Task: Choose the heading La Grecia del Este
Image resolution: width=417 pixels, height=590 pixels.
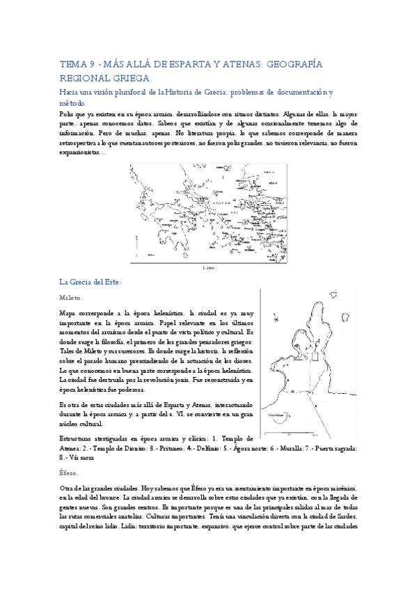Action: tap(91, 282)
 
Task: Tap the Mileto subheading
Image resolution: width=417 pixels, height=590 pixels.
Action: tap(71, 297)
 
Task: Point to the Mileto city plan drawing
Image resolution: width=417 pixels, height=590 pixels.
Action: tap(306, 355)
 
